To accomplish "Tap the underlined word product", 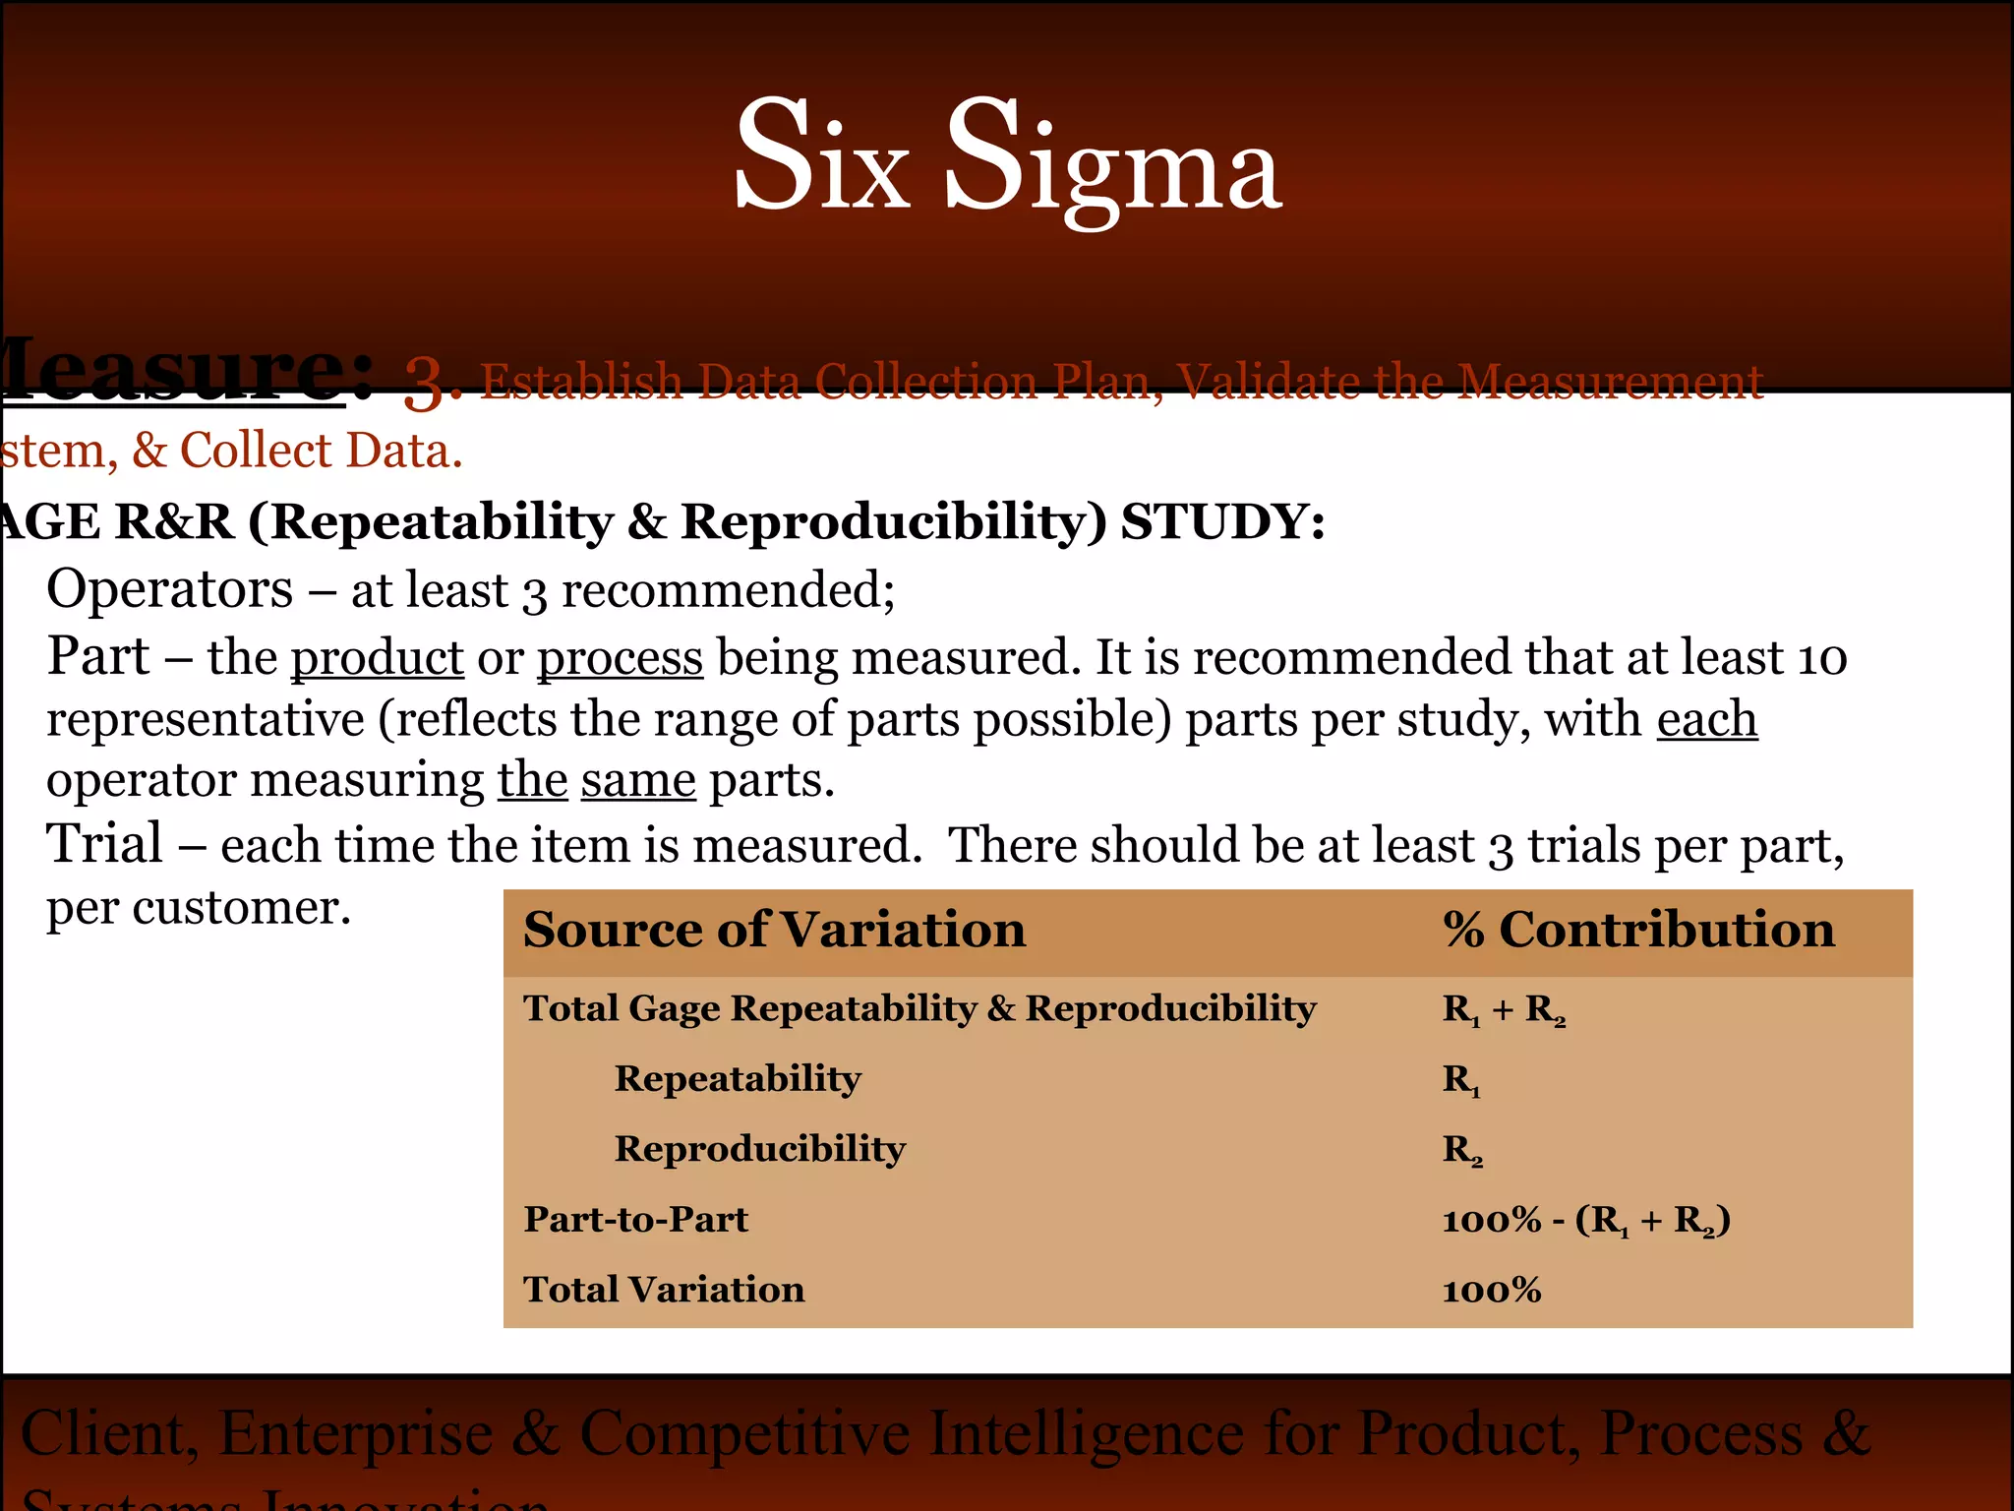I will click(x=377, y=657).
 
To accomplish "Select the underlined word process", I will click(x=620, y=657).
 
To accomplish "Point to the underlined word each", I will click(x=1706, y=719).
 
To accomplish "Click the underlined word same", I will click(x=638, y=780).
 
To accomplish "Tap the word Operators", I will click(x=169, y=590).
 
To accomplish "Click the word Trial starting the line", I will click(x=105, y=844).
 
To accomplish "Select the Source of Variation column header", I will click(x=774, y=930).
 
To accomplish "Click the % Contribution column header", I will click(x=1637, y=930).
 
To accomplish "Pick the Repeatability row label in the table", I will click(x=738, y=1078).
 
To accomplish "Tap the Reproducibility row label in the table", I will click(x=760, y=1149).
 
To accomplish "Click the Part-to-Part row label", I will click(x=635, y=1220).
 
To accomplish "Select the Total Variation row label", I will click(x=664, y=1290).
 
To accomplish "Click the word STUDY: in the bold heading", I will click(x=1222, y=521).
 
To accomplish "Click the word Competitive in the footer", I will click(x=744, y=1433).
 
